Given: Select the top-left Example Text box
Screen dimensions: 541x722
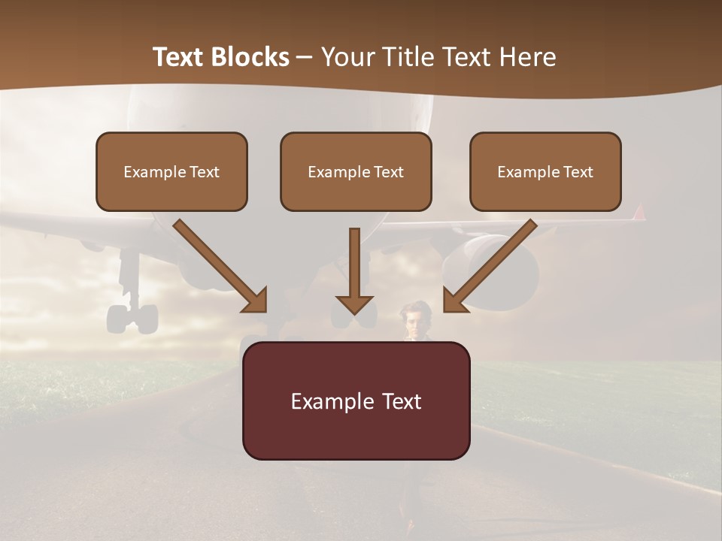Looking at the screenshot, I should tap(171, 172).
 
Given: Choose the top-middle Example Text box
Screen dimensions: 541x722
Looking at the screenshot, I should tap(356, 172).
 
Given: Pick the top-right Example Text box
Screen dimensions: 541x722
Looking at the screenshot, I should tap(545, 172).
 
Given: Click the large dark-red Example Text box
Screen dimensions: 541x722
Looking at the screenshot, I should tap(356, 401).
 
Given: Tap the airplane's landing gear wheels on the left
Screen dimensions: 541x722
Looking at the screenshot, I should tap(132, 318).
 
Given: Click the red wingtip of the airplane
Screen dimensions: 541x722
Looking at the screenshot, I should tap(639, 213).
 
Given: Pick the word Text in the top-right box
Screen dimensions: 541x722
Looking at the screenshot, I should tap(578, 172).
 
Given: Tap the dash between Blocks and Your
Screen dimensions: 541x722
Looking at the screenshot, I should tap(305, 57).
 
